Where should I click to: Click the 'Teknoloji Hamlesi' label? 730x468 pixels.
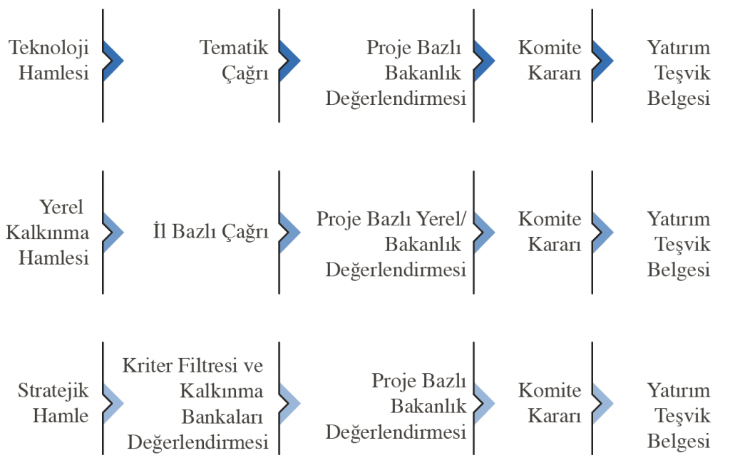49,60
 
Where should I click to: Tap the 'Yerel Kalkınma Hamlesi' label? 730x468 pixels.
48,232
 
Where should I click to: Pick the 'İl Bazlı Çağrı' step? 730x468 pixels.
211,232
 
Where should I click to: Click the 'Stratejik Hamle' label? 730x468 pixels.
53,403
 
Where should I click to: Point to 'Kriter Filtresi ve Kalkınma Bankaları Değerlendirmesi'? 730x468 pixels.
195,404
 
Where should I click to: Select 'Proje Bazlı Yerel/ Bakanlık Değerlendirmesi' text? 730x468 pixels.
391,244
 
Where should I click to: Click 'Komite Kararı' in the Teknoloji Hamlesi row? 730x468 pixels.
550,60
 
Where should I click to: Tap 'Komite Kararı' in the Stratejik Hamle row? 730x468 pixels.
550,403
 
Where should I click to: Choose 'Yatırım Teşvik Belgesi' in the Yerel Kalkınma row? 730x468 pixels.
679,244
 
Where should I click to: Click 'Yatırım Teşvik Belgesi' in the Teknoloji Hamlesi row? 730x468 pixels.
679,73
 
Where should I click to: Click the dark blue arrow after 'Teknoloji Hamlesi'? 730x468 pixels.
113,61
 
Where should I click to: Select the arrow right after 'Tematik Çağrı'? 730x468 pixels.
290,61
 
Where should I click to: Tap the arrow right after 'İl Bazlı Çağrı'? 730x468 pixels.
290,232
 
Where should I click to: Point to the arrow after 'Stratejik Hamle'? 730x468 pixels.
113,404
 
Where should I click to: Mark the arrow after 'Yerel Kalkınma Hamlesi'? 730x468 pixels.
113,232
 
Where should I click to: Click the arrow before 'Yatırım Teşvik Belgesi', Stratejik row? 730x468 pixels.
603,404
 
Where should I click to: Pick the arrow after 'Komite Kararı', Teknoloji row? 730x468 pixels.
603,61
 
